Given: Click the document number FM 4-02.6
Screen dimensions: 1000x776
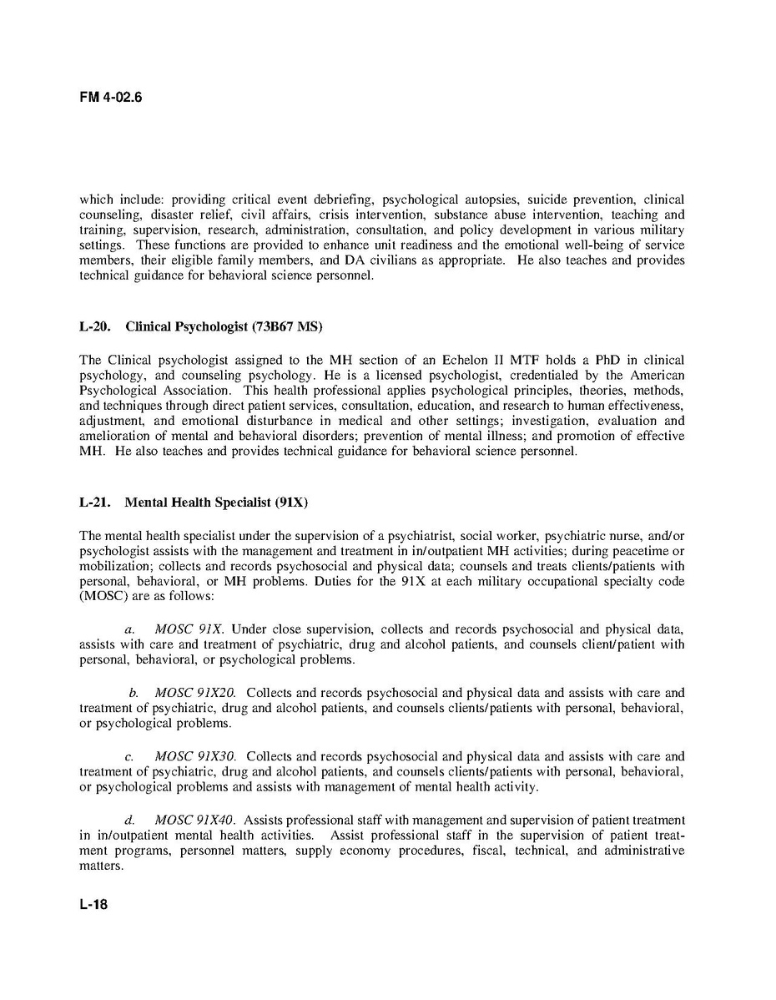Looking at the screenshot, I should point(111,97).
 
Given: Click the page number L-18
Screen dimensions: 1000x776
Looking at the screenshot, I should point(93,904).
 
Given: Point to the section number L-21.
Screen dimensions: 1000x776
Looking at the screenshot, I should point(94,503).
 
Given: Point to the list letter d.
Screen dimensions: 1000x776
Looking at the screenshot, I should point(129,821).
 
